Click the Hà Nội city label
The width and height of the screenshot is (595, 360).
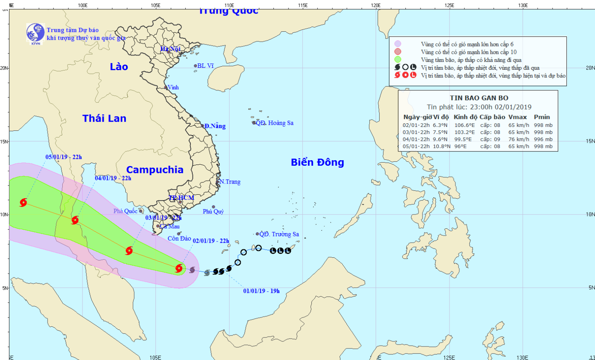[x=170, y=49]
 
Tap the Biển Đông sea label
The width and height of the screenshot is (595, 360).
[x=317, y=162]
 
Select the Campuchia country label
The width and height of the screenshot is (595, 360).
[x=155, y=170]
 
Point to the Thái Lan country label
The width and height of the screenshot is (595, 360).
[x=104, y=118]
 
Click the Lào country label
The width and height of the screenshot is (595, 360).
[x=119, y=67]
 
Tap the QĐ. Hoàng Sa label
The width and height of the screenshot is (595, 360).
[x=274, y=123]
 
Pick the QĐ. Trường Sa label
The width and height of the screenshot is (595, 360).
[x=279, y=234]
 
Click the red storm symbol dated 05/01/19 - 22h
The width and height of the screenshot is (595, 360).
[x=23, y=203]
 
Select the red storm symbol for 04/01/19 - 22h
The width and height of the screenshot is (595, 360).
[x=75, y=220]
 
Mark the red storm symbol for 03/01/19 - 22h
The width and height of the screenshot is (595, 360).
[x=129, y=251]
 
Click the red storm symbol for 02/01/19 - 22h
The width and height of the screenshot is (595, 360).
[x=179, y=268]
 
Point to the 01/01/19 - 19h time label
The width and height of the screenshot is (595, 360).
[x=261, y=291]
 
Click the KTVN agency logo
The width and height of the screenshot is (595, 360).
[x=35, y=33]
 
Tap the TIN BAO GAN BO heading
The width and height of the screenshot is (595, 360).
[x=479, y=98]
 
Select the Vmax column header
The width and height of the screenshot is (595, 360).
[x=518, y=117]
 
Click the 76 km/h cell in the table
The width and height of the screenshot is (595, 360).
[x=518, y=139]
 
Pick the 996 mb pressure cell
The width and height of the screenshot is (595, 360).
[x=543, y=139]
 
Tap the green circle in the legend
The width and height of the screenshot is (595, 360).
[x=398, y=59]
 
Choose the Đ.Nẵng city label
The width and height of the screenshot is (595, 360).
[x=215, y=126]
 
